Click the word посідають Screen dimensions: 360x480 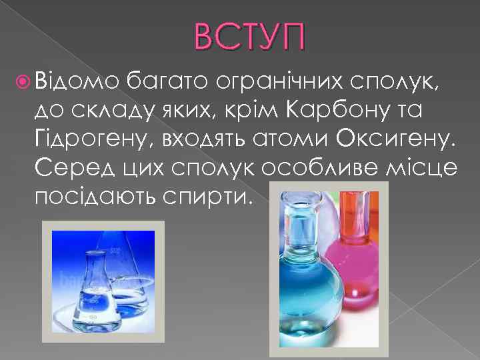[98, 197]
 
